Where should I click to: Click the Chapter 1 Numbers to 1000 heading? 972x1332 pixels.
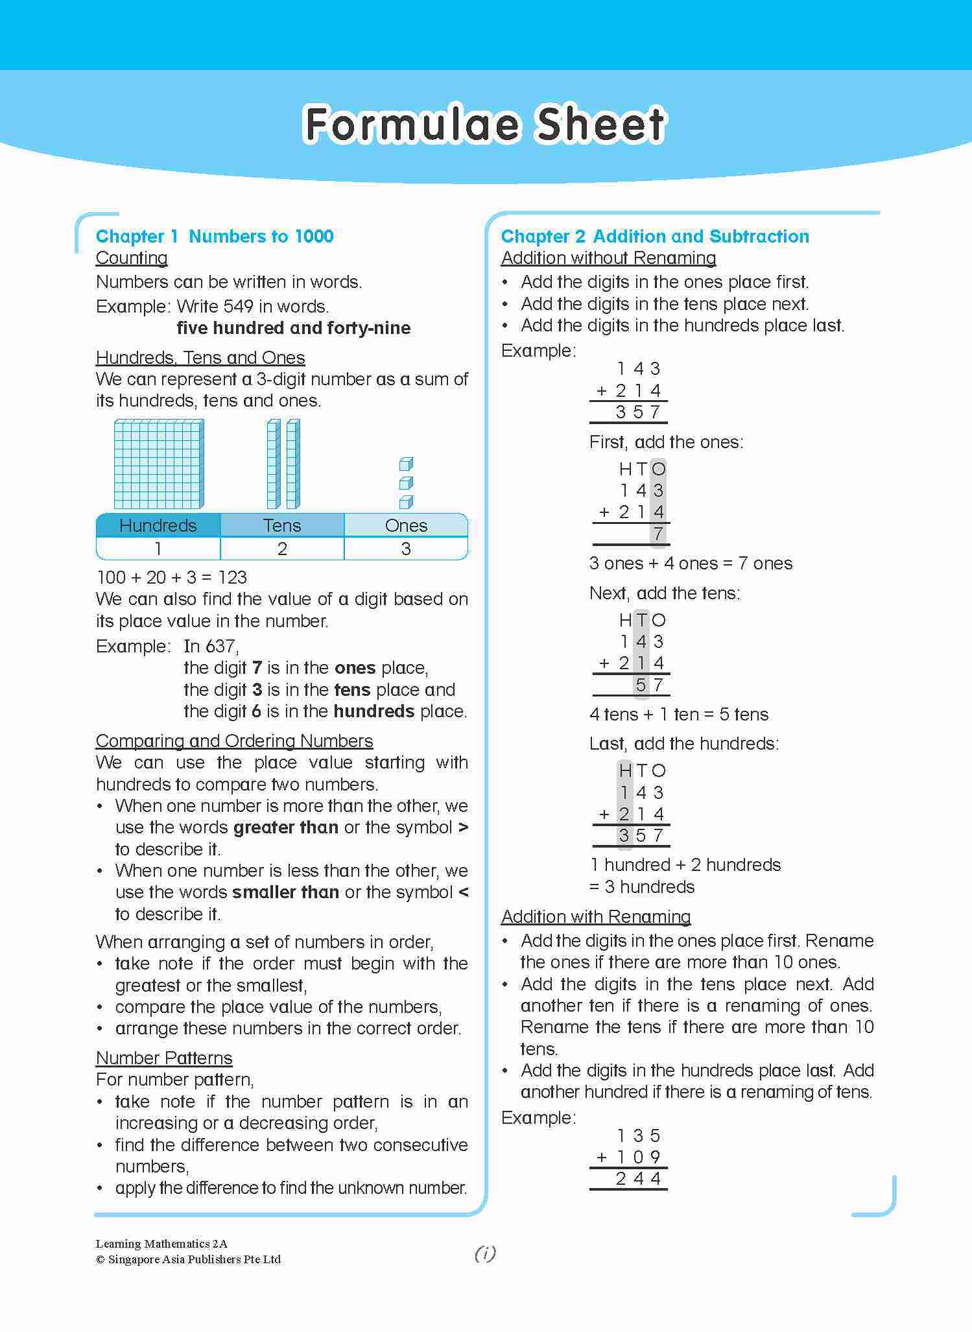[215, 236]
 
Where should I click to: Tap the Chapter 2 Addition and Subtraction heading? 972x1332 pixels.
[655, 236]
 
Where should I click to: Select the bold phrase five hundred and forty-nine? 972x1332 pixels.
[293, 328]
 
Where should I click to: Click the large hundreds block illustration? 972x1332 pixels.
[159, 464]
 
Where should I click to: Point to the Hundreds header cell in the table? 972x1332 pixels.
[158, 525]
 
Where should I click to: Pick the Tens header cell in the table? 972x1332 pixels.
[282, 525]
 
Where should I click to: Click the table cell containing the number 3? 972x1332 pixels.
[406, 549]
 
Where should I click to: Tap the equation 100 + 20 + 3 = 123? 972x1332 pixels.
[172, 577]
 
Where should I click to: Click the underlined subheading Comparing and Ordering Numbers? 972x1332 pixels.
[234, 741]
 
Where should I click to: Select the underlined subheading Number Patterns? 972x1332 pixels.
[164, 1058]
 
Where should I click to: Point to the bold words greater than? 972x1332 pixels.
[285, 827]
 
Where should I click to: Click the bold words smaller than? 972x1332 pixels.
[285, 892]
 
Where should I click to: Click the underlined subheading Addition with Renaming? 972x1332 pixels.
[596, 916]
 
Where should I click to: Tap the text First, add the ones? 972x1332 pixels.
[666, 442]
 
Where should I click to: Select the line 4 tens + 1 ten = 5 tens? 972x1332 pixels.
[679, 715]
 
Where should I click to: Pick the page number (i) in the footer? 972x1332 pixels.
[485, 1254]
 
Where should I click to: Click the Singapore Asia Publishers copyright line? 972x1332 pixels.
[188, 1259]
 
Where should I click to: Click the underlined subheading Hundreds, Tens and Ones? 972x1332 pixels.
[200, 358]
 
